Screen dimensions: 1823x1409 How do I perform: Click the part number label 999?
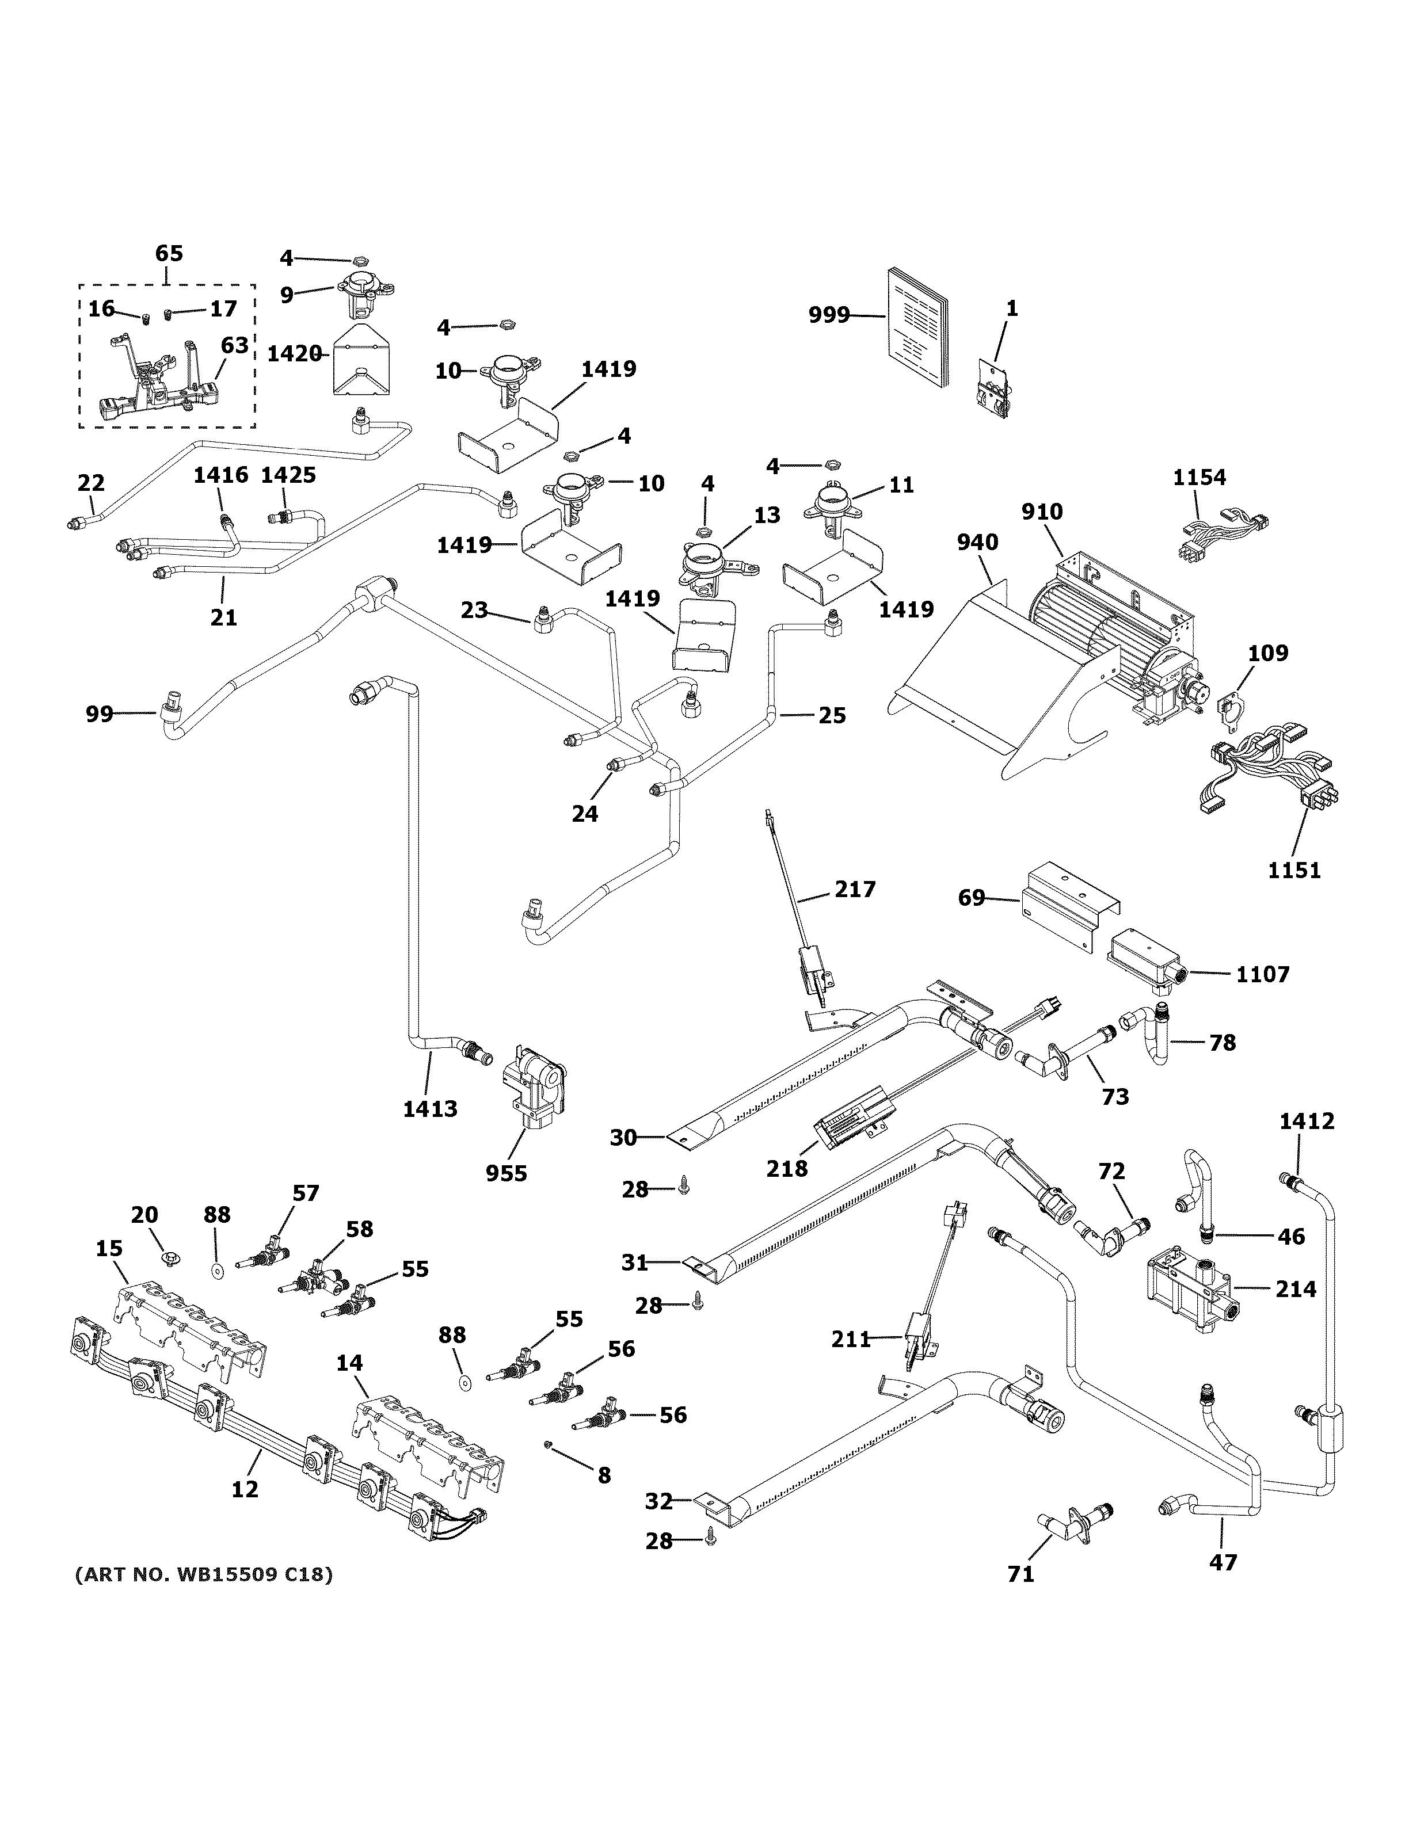829,315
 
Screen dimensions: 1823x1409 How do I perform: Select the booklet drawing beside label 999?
917,330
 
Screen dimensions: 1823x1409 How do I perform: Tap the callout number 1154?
1199,478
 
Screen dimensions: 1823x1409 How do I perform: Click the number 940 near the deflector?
977,543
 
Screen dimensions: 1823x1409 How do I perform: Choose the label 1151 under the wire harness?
1294,871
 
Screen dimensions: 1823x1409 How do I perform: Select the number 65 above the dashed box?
169,254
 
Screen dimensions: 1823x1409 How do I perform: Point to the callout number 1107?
1263,974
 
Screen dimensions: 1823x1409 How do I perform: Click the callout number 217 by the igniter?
855,890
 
